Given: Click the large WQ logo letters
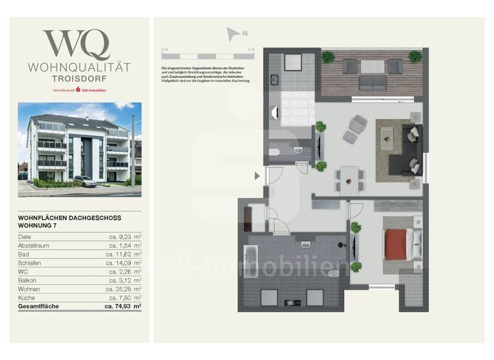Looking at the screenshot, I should point(76,45).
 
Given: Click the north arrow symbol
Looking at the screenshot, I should point(233,34).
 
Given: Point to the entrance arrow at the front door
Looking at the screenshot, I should point(257,175).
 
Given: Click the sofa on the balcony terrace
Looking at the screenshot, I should point(372,82).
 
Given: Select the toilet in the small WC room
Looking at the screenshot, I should point(273,152).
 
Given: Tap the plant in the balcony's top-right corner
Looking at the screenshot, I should point(416,57).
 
